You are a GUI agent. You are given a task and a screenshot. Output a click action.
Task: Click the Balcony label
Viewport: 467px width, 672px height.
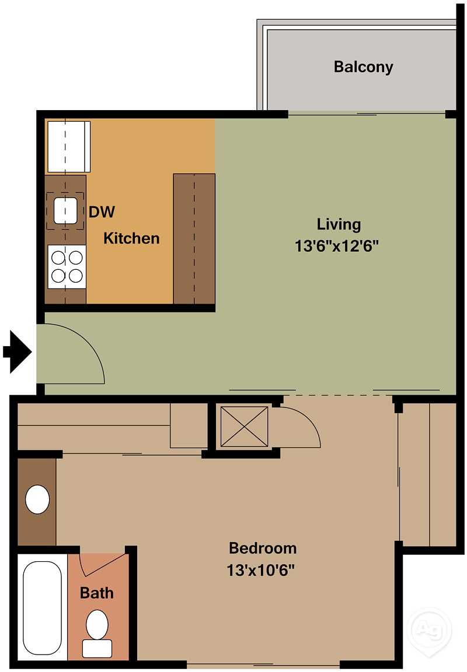pos(363,66)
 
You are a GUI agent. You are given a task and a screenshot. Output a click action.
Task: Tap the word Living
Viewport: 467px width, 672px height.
pos(339,224)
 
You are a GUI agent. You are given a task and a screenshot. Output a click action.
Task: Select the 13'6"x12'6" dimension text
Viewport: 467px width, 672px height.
pos(337,246)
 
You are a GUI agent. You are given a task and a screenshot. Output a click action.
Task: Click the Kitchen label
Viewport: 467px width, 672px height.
pos(131,238)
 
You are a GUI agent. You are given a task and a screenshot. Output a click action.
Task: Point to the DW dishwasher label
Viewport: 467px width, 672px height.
pos(102,212)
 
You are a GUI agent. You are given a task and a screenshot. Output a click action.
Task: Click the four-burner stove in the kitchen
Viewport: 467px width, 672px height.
pos(67,266)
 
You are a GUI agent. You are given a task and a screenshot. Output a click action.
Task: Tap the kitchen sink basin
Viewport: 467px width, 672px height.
pos(65,210)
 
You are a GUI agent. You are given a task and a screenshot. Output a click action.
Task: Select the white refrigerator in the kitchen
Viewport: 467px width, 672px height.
pos(68,146)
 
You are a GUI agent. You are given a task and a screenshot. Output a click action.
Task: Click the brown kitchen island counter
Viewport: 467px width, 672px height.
pos(194,238)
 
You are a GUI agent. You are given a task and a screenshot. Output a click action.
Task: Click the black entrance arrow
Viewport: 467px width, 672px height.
pos(18,351)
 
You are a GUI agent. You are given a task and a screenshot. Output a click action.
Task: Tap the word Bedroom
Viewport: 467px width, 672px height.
pos(262,548)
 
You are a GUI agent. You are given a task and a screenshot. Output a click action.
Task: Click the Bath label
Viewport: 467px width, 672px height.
pos(97,593)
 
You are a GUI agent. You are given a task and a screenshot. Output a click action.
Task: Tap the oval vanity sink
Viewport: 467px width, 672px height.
pos(38,499)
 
